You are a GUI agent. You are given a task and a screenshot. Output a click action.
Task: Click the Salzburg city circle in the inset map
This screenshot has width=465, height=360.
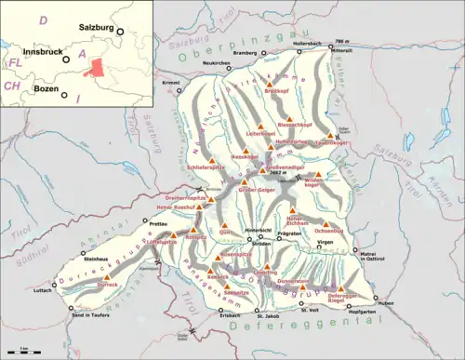[x=120, y=32]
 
